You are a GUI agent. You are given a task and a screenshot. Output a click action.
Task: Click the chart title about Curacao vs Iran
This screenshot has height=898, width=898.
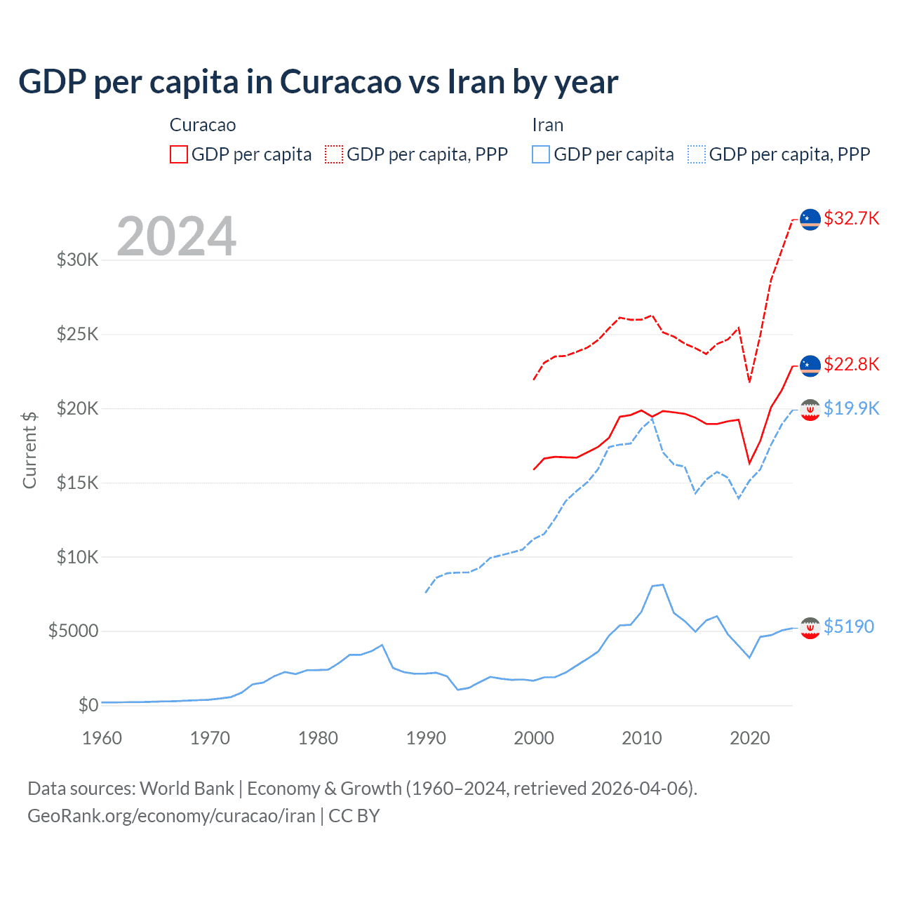coord(318,82)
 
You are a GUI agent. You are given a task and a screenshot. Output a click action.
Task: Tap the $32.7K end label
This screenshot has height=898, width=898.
coord(851,218)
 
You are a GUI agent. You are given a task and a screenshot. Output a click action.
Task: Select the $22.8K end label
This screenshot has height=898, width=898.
coord(851,364)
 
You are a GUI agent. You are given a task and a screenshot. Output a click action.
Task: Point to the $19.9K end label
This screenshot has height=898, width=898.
coord(851,408)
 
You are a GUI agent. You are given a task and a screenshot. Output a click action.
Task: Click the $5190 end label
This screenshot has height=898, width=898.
coord(849,626)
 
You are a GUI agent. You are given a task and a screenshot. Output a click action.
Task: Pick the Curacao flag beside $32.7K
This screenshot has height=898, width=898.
coord(810,220)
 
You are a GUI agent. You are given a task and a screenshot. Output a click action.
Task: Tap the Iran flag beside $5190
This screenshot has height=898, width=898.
coord(810,628)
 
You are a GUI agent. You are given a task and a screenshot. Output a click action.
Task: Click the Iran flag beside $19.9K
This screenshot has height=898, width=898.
coord(810,410)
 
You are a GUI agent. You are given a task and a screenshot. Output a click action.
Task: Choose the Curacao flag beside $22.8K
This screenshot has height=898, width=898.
coord(810,366)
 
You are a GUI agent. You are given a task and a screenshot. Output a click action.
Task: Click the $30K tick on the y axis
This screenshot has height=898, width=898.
coord(78,260)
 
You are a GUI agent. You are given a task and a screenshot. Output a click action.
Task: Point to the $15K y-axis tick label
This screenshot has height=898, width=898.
coord(78,483)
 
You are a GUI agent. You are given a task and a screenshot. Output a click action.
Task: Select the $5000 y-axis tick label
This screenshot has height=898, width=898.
coord(73,631)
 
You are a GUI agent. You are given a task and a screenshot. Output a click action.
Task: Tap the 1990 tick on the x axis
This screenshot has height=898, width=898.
coord(426,738)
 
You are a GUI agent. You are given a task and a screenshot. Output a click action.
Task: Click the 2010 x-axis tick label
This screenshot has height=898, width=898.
coord(642,738)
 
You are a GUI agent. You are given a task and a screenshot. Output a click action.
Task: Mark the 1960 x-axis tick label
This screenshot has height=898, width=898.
coord(102,738)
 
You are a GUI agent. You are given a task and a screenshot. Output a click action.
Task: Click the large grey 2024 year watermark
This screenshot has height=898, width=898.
coord(176,236)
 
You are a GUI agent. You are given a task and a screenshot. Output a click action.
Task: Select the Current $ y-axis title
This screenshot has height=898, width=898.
coord(29,450)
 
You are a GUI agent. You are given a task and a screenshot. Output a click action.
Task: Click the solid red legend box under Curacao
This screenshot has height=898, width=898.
coord(179,154)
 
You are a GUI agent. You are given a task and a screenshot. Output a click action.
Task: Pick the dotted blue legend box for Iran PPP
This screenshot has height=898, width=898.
coord(697,154)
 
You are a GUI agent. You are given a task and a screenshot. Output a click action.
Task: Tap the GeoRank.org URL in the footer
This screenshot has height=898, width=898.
coord(171,816)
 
